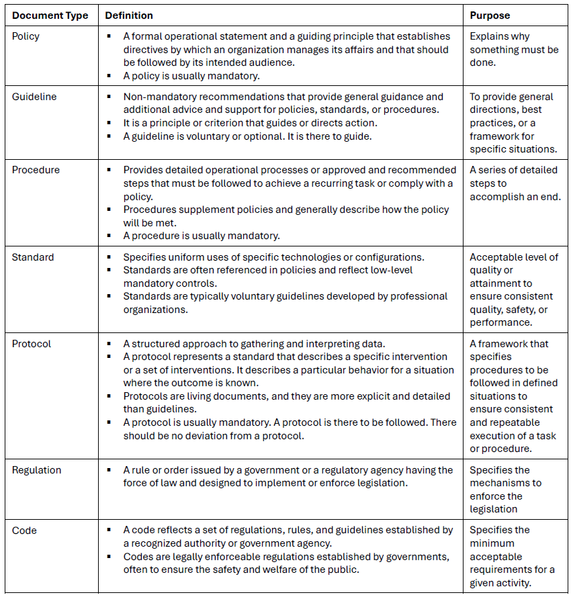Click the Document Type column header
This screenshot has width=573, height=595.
point(50,15)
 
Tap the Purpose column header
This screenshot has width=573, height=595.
point(490,15)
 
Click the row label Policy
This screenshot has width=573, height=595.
point(26,36)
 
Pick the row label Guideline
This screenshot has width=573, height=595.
point(34,97)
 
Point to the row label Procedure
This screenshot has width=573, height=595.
point(36,170)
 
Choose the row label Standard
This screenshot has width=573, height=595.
point(33,257)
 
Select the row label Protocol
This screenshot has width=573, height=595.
point(32,344)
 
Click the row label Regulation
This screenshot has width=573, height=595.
point(37,470)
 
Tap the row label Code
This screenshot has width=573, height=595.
point(24,531)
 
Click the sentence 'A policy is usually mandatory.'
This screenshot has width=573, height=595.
point(191,75)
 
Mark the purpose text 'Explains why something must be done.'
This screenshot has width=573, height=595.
point(514,49)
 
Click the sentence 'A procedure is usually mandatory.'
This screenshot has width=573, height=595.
point(201,236)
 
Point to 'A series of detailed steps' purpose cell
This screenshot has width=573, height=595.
point(513,183)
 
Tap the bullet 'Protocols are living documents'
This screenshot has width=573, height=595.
point(286,403)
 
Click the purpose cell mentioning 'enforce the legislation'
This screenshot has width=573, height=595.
point(503,490)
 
